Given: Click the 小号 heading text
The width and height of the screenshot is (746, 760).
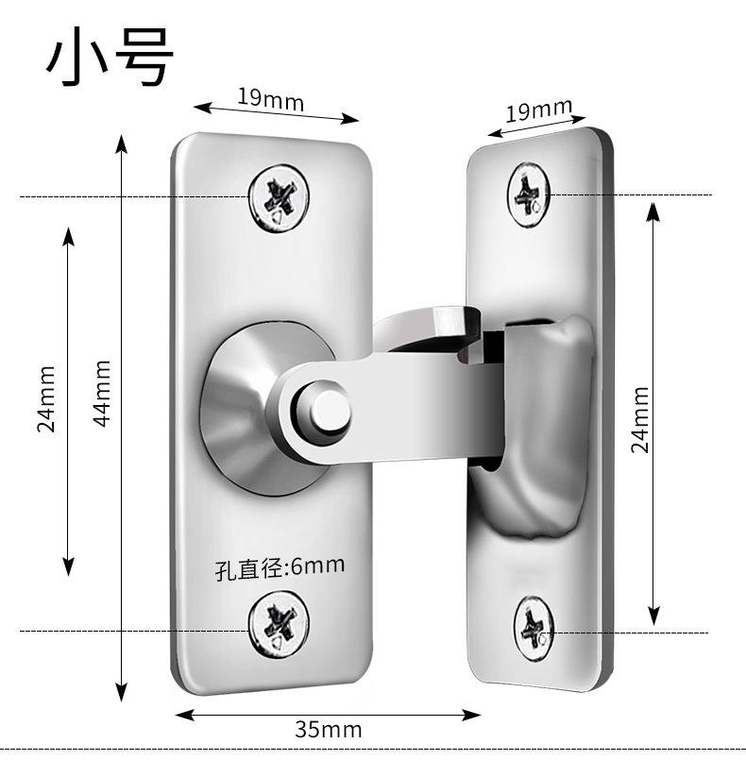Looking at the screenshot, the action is [x=110, y=58].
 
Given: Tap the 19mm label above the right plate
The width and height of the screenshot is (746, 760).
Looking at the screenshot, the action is [x=538, y=110].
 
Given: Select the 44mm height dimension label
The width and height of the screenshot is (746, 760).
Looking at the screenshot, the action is [x=102, y=393].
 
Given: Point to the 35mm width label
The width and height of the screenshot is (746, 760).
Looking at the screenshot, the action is [x=329, y=730].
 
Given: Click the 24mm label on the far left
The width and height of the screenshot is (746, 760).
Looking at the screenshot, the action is [x=46, y=398].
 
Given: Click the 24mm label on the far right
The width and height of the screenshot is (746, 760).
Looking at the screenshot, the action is [x=640, y=420].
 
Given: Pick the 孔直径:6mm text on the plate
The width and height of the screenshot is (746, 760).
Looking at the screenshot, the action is [x=280, y=567].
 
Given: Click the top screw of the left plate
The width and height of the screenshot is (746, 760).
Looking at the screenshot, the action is [x=280, y=198].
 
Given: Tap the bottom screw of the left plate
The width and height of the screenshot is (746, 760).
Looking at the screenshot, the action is [x=280, y=624].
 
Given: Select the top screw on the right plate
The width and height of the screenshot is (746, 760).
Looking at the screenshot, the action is [x=529, y=194].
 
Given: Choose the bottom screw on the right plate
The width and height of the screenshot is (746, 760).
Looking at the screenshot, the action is [x=534, y=629].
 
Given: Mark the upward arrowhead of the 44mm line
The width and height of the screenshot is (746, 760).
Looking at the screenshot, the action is [x=121, y=144].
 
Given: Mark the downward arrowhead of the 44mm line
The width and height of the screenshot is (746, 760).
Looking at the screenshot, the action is [x=121, y=692].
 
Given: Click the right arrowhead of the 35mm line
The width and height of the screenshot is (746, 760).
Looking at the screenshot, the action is [x=471, y=715].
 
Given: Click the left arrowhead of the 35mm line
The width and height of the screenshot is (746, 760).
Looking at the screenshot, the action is [x=185, y=715].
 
